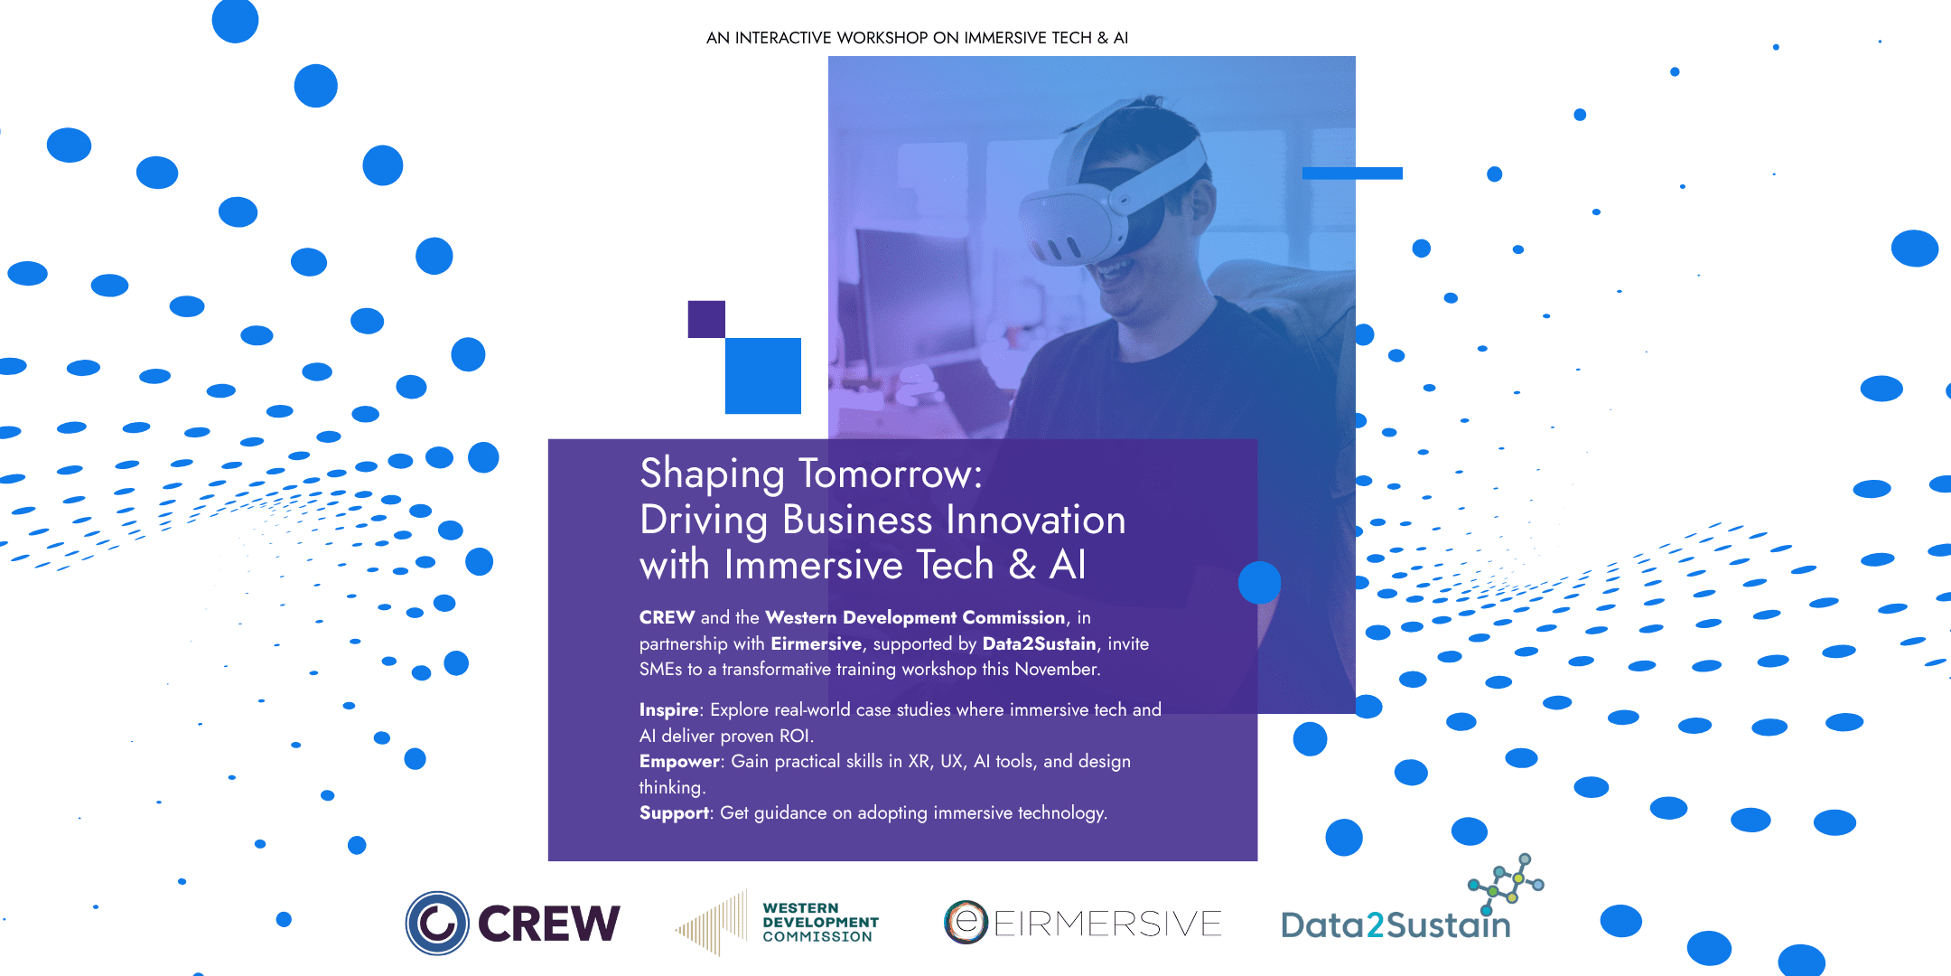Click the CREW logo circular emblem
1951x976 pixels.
coord(437,923)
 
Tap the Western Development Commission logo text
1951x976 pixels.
coord(820,923)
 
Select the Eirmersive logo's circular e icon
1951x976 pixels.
coord(966,923)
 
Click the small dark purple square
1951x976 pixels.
coord(706,319)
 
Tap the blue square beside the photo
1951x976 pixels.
coord(763,376)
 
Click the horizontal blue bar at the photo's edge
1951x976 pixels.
coord(1352,173)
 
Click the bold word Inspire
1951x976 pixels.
coord(668,710)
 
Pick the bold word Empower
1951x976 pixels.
coord(679,762)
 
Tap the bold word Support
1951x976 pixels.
coord(674,813)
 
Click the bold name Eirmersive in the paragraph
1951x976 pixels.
coord(816,644)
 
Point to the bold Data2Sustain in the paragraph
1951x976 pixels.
coord(1039,644)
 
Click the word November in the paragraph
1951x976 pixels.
coord(1056,670)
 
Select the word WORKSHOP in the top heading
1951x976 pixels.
coord(882,38)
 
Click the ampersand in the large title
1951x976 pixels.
coord(1022,566)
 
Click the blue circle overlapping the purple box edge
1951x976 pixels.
coord(1259,583)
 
